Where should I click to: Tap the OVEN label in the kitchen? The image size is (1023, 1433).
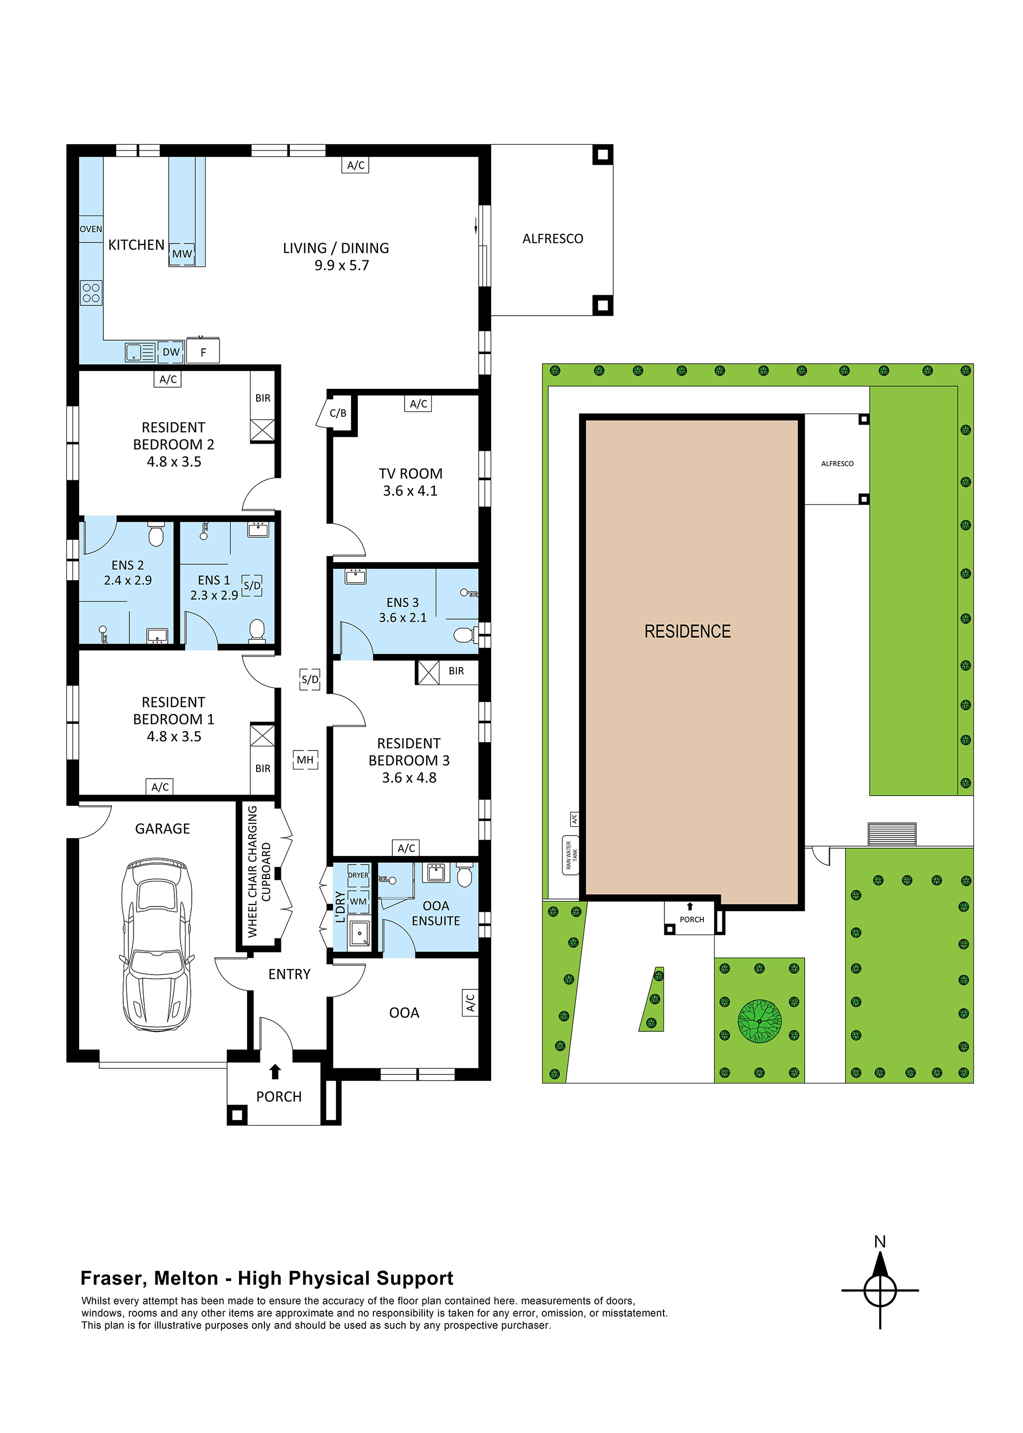tap(91, 229)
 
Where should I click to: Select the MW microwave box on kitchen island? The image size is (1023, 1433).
tap(182, 254)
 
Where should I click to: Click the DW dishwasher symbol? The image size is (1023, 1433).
tap(171, 352)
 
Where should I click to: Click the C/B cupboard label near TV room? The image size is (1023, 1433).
tap(338, 413)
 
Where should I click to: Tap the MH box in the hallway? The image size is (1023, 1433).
tap(305, 760)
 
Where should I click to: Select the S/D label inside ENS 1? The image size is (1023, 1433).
tap(252, 585)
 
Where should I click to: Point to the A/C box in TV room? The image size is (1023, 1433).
tap(418, 404)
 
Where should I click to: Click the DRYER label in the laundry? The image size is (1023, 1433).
tap(359, 875)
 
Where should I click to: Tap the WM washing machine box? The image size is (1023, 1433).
tap(359, 901)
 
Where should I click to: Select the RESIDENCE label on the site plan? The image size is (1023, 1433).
tap(687, 631)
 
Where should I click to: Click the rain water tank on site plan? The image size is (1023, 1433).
tap(571, 855)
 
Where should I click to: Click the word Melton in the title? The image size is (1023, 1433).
tap(186, 1278)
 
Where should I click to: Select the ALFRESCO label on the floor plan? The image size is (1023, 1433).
tap(552, 239)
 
